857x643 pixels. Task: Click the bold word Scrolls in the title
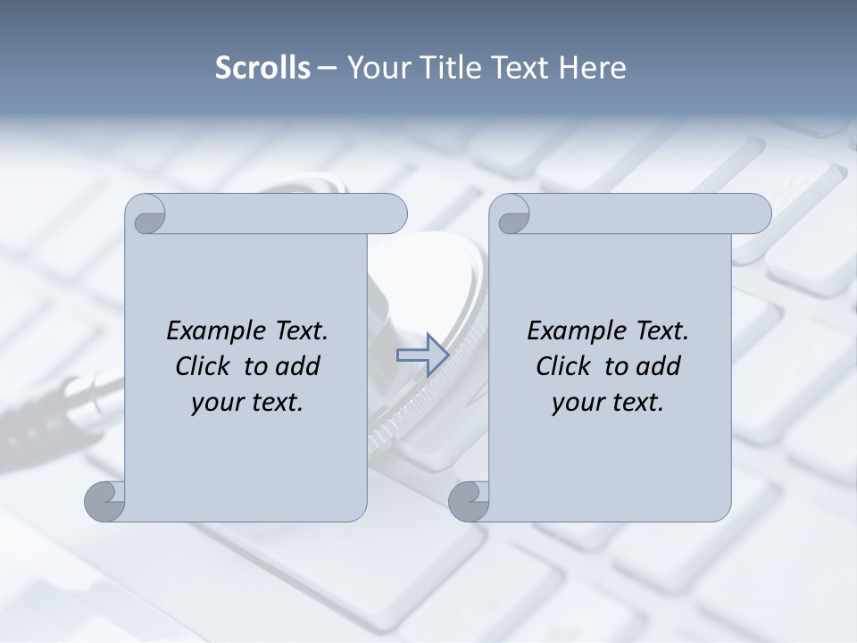[x=263, y=68]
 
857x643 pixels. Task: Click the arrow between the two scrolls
[x=421, y=355]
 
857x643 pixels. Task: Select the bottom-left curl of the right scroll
[x=470, y=502]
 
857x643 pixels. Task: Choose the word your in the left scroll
[x=217, y=403]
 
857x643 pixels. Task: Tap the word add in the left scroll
[x=297, y=366]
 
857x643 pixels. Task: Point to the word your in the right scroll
[x=578, y=403]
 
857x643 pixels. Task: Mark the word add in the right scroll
[x=658, y=366]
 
